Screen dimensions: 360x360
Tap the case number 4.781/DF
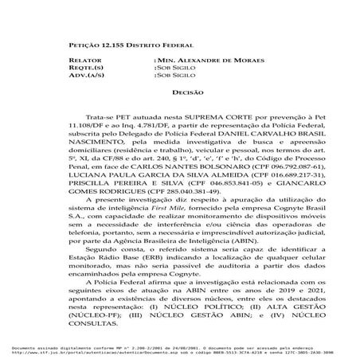point(144,125)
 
